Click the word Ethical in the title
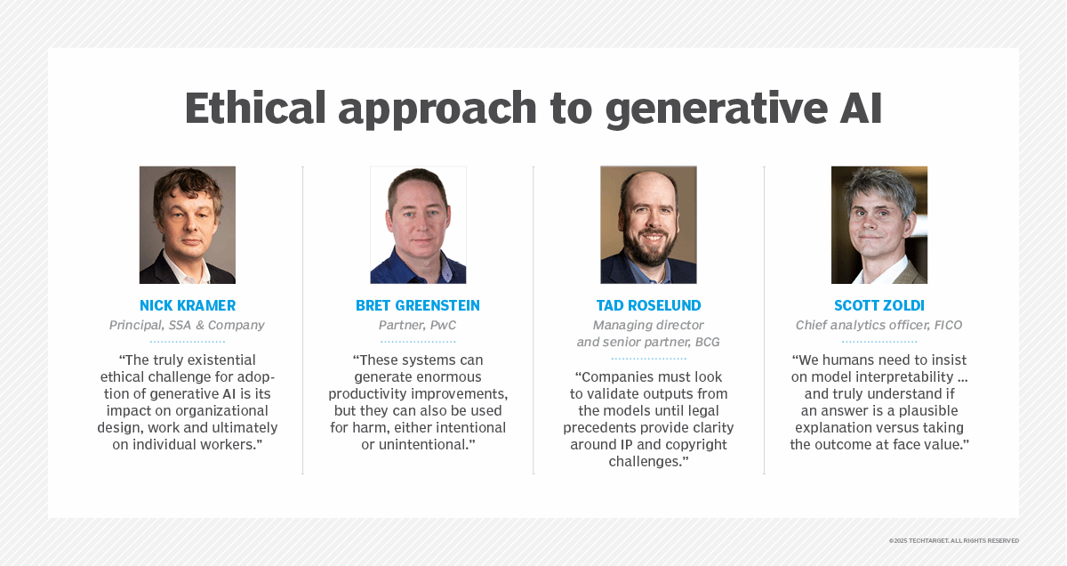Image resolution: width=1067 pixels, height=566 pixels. tap(255, 108)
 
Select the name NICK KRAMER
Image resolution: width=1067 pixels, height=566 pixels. tap(188, 305)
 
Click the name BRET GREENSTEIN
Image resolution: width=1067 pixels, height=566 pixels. tap(418, 305)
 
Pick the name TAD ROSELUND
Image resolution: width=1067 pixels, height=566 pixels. tap(649, 305)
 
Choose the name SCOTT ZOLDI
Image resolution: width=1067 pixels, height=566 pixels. tap(879, 305)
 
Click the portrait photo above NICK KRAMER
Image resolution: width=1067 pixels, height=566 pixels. tap(188, 225)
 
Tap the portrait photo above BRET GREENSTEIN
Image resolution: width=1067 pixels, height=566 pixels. tap(418, 225)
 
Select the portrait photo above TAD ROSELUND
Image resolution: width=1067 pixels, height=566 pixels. tap(648, 225)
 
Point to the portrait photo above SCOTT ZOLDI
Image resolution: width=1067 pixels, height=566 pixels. tap(879, 225)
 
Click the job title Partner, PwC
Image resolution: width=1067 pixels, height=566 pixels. tap(417, 325)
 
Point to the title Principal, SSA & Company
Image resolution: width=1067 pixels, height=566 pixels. tap(187, 325)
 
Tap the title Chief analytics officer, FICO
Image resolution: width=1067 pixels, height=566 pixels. tap(878, 325)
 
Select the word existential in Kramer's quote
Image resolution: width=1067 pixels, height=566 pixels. tap(221, 360)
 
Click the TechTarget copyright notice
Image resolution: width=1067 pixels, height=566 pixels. tap(953, 541)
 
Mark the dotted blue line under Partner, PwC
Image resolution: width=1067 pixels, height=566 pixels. tap(418, 342)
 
